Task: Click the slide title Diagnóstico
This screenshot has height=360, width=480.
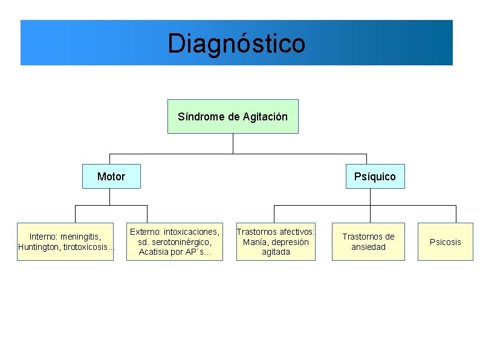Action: coord(236,44)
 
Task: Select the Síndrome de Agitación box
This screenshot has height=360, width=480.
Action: coord(233,116)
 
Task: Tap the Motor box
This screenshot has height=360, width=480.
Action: coord(111,177)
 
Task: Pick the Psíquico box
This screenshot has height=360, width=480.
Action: coord(375,177)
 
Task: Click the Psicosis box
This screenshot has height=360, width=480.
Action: coord(445,242)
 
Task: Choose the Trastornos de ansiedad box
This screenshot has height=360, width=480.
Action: coord(368,241)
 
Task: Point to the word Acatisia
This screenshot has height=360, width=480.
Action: coord(154,252)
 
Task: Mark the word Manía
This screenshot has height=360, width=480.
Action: coord(255,242)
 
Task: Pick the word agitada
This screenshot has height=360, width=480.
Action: coord(276,252)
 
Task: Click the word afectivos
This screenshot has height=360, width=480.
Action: coord(294,232)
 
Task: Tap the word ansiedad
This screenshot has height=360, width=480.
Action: coord(368,247)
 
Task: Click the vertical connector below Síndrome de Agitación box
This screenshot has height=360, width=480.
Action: coord(233,143)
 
